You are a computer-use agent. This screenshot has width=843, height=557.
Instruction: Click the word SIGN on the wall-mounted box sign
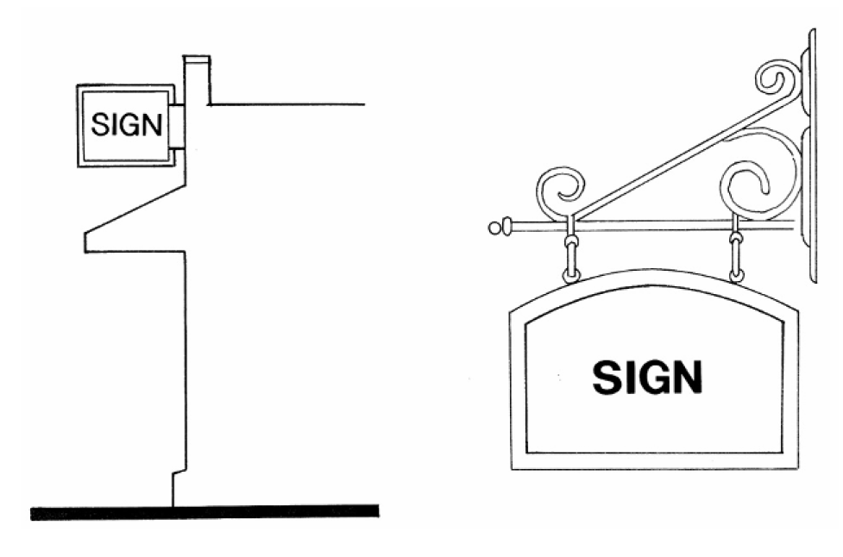(x=126, y=125)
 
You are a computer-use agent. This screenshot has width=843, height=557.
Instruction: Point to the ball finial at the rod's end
(x=494, y=228)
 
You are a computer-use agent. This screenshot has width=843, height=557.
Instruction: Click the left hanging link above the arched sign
(x=570, y=255)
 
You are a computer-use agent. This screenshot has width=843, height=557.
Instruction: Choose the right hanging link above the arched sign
(x=736, y=255)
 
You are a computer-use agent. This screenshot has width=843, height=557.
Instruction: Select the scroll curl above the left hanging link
(x=560, y=191)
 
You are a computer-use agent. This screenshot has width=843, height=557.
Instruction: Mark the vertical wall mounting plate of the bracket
(x=810, y=155)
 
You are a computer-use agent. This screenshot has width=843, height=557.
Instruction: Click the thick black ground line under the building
(x=204, y=512)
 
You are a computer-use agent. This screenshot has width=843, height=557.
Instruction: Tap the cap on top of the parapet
(x=196, y=59)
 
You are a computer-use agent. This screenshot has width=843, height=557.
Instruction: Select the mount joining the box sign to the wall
(x=175, y=127)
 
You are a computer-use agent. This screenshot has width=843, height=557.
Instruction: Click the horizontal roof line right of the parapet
(x=285, y=104)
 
